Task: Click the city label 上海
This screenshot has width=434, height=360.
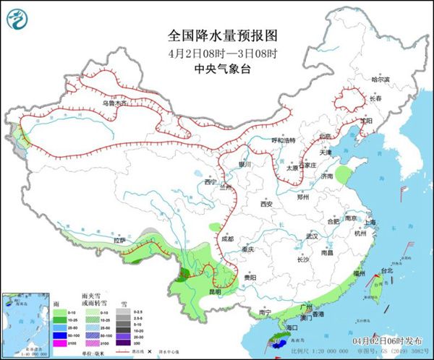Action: (x=371, y=222)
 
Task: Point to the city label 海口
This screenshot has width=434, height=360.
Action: (x=292, y=327)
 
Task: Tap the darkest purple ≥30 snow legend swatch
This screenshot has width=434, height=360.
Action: (x=124, y=342)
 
